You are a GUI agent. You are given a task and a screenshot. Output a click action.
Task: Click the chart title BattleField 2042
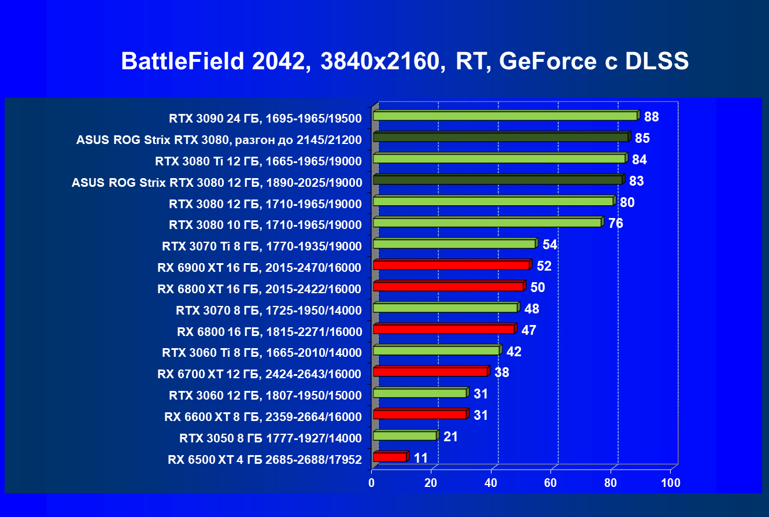[405, 61]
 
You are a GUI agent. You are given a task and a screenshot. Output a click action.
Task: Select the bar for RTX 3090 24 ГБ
[505, 116]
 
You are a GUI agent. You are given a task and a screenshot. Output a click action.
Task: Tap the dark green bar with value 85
[500, 137]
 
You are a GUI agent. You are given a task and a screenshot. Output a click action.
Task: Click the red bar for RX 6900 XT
[451, 265]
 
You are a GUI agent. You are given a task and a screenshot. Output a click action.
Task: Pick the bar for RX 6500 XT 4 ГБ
[390, 457]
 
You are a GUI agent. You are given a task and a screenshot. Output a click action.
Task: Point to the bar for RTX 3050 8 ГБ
[405, 435]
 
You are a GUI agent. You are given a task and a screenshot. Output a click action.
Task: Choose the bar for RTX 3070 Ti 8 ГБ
[454, 244]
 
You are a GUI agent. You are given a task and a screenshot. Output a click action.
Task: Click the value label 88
[652, 117]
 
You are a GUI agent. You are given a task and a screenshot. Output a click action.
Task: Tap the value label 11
[421, 458]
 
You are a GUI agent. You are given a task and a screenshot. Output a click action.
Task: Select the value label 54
[549, 245]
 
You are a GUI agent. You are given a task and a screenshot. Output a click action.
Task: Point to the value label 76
[615, 223]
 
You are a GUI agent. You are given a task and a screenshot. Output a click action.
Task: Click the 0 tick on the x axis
[372, 482]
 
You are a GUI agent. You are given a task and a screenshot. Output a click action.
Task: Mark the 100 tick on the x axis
[671, 482]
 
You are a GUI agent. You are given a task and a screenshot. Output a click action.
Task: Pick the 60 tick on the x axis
[551, 482]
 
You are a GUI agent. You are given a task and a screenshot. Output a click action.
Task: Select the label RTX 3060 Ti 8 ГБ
[261, 353]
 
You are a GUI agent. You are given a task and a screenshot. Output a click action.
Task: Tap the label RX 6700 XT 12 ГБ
[259, 374]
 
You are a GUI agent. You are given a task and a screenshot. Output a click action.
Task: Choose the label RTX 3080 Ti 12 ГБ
[258, 161]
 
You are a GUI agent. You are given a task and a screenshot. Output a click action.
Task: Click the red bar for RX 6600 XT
[420, 414]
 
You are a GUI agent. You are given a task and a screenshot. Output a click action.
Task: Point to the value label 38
[501, 373]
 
